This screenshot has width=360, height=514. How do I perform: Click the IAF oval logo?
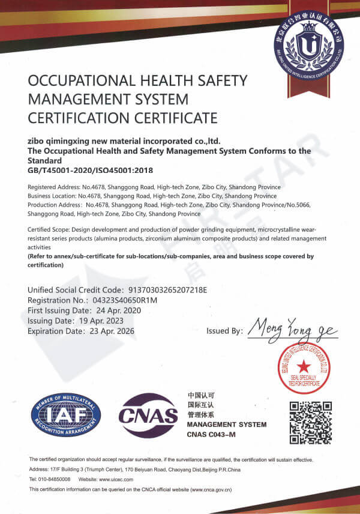(66, 416)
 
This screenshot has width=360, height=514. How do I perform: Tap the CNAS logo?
(149, 415)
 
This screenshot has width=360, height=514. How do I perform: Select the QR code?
(311, 421)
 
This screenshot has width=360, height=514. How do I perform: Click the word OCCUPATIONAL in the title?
(78, 80)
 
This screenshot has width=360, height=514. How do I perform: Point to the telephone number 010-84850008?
(55, 479)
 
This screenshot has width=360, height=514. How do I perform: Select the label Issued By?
(224, 331)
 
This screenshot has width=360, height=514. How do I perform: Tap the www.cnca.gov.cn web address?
(212, 490)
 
